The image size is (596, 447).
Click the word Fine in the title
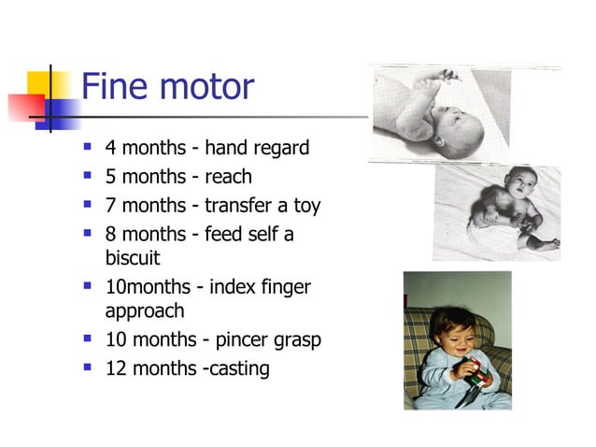pyautogui.click(x=115, y=87)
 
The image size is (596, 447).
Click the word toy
pyautogui.click(x=305, y=205)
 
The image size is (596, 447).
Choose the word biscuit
pyautogui.click(x=135, y=257)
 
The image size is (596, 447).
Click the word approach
pyautogui.click(x=146, y=310)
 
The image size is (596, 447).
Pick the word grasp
pyautogui.click(x=297, y=339)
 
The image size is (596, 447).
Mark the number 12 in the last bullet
pyautogui.click(x=118, y=368)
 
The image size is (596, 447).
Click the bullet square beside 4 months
pyautogui.click(x=88, y=147)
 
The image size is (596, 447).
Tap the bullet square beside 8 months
pyautogui.click(x=88, y=233)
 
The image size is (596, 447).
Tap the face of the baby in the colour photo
pyautogui.click(x=453, y=332)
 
